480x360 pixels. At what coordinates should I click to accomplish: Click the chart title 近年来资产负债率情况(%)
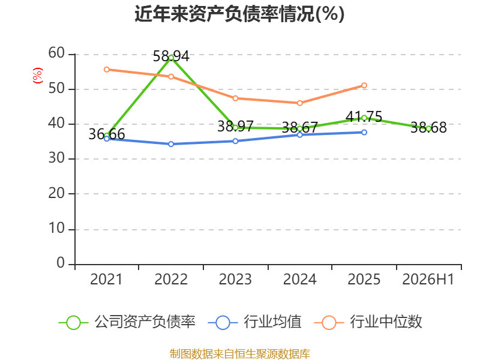coord(239,14)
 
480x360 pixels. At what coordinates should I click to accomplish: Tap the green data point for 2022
coord(171,58)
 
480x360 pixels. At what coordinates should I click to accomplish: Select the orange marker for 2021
coord(107,70)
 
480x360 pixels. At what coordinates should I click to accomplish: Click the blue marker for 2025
coord(364,132)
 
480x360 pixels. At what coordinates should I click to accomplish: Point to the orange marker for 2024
coord(299,103)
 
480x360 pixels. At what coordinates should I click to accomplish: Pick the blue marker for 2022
coord(171,144)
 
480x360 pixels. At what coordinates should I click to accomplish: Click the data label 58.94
coord(171,56)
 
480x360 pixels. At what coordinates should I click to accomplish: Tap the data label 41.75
coord(364,116)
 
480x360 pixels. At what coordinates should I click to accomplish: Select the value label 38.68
coord(428,127)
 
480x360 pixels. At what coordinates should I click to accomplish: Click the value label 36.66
coord(107,134)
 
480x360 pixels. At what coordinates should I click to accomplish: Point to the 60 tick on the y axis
coord(56,53)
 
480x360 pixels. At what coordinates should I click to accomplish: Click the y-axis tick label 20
coord(56,193)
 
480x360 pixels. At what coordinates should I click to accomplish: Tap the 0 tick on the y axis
coord(61,263)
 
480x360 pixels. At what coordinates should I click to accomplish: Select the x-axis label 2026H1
coord(428,280)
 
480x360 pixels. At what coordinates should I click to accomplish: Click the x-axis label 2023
coord(235,280)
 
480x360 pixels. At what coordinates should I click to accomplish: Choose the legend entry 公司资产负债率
coord(127,322)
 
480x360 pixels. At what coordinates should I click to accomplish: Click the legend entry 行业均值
coord(254,322)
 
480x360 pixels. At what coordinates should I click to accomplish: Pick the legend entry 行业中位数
coord(368,322)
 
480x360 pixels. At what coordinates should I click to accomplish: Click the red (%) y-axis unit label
coord(38,76)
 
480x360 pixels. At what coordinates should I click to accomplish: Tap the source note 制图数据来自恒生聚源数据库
coord(239,354)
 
